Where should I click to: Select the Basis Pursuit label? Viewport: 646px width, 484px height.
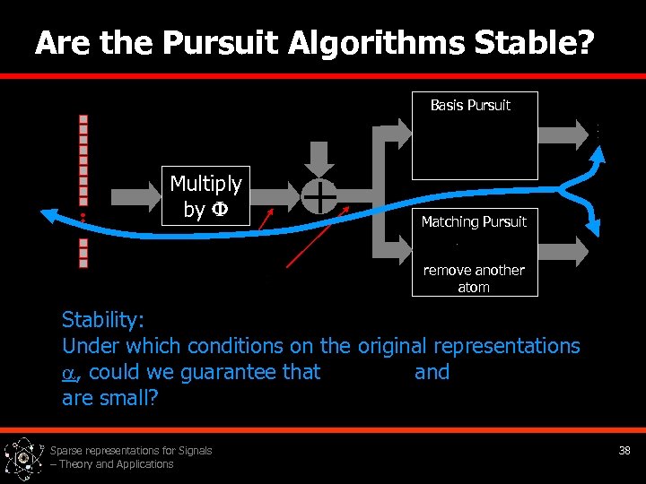pos(470,106)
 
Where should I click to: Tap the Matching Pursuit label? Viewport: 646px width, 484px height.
pos(474,221)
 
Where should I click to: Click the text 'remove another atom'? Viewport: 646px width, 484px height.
pos(474,279)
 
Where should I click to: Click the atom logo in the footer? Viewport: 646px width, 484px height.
pos(24,458)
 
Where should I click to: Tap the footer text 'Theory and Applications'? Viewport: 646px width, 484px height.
pos(117,464)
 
